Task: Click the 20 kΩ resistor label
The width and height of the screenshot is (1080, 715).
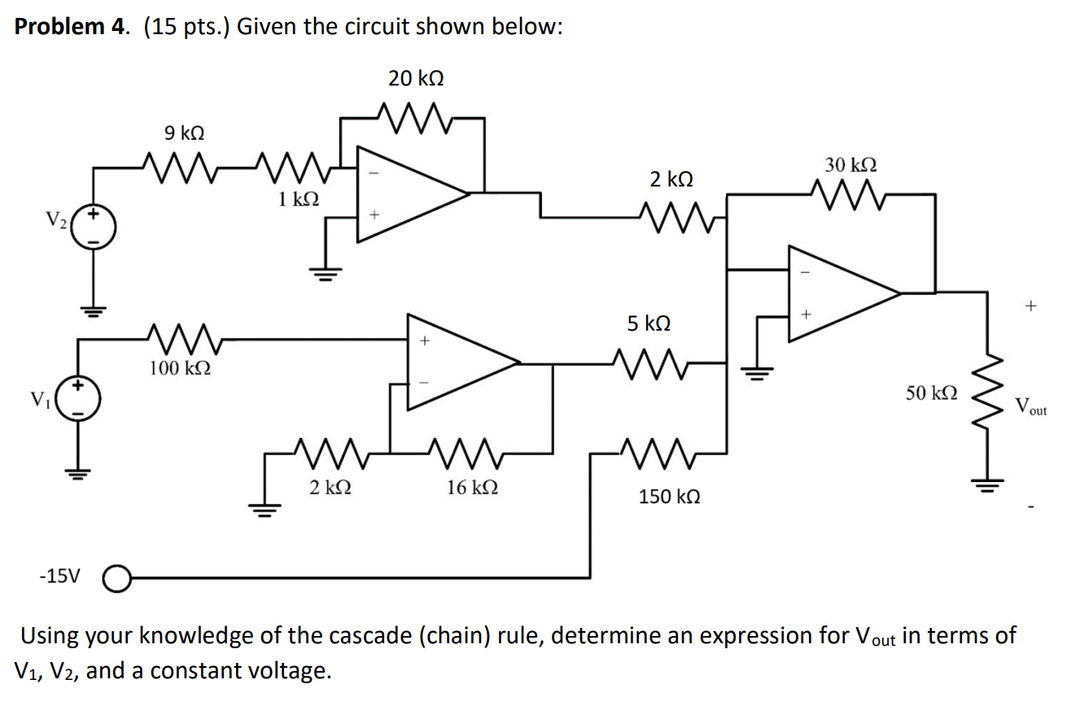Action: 416,78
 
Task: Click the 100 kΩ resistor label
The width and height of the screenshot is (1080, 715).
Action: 180,368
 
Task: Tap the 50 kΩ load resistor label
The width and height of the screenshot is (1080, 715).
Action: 931,394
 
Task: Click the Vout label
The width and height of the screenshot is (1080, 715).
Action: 1030,406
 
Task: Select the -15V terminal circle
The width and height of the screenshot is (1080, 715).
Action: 116,578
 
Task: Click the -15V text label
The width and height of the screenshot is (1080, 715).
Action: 60,577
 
